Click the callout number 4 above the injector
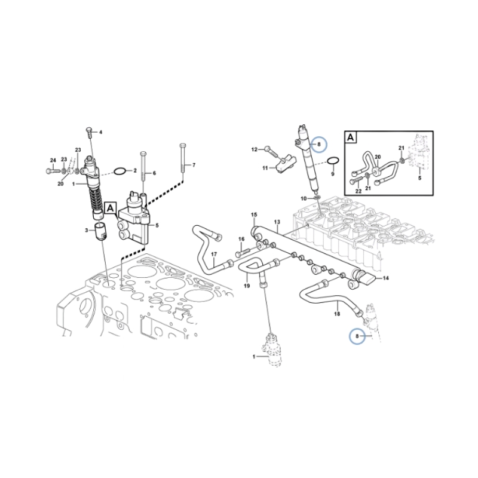tap(100, 132)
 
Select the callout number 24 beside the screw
tap(53, 160)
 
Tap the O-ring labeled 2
tap(119, 171)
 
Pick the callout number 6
tap(154, 173)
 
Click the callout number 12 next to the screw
tap(253, 149)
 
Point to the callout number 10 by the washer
tap(304, 198)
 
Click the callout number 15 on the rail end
tap(253, 215)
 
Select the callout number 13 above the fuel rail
tap(277, 222)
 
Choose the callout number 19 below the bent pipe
tap(246, 287)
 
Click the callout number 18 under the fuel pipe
tap(336, 314)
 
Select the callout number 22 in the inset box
tap(358, 191)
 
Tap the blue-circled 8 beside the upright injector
tap(319, 144)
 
